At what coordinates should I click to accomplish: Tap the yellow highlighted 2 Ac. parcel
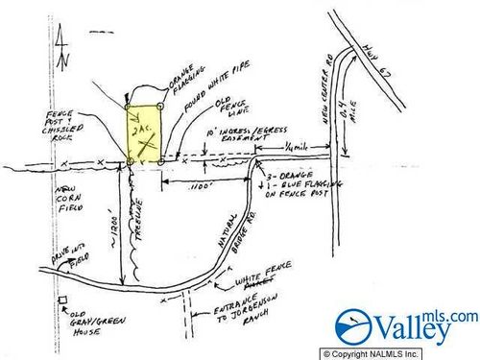coord(145,134)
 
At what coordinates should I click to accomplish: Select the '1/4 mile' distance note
coord(296,144)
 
